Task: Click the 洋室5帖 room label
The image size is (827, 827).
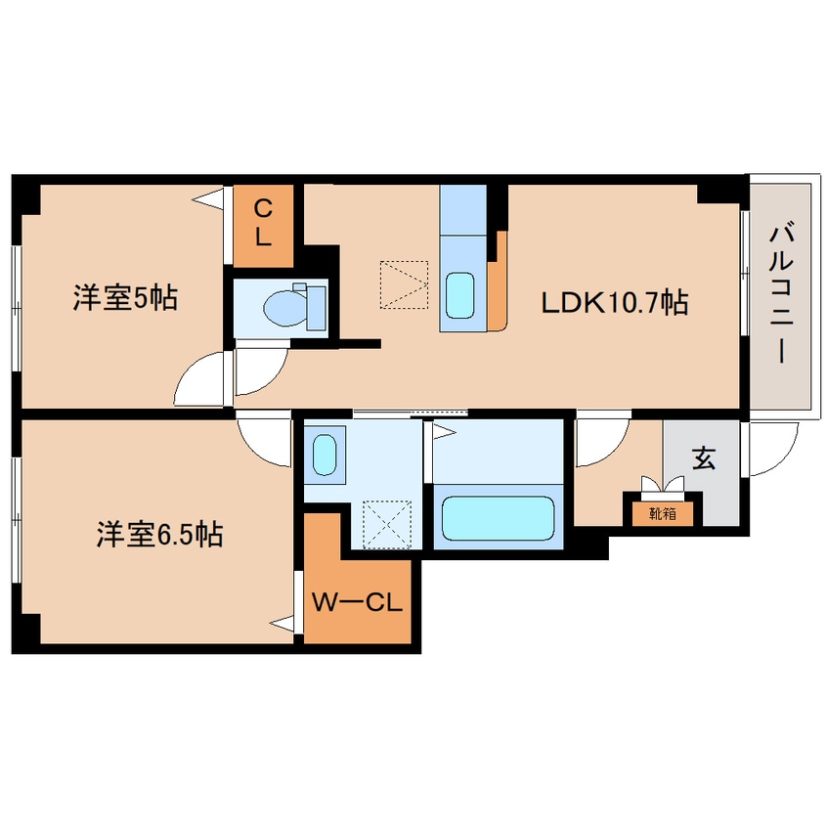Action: point(124,298)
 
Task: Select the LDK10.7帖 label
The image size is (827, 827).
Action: point(615,303)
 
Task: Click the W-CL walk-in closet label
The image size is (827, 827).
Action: point(357,602)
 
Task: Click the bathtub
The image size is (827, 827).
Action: point(498,518)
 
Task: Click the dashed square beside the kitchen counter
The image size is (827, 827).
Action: point(404,284)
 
